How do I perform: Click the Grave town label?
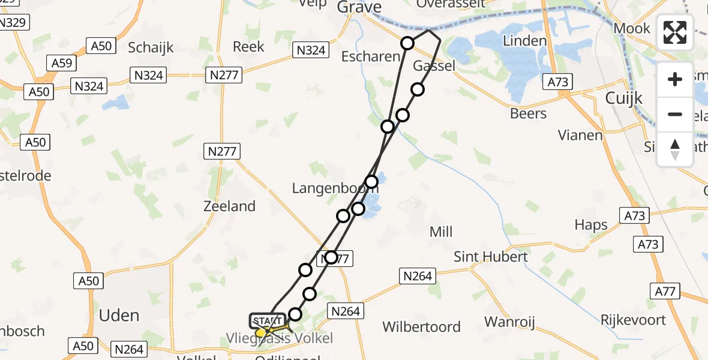[x=359, y=7]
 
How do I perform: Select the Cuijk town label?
[x=624, y=98]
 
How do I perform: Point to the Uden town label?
[x=119, y=316]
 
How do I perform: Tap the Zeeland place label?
[x=230, y=206]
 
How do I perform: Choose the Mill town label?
[x=441, y=232]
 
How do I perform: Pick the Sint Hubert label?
[x=490, y=257]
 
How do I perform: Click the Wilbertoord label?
[x=422, y=327]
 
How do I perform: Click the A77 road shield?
[x=664, y=292]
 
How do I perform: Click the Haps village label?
[x=591, y=225]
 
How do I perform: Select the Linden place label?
[x=525, y=41]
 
